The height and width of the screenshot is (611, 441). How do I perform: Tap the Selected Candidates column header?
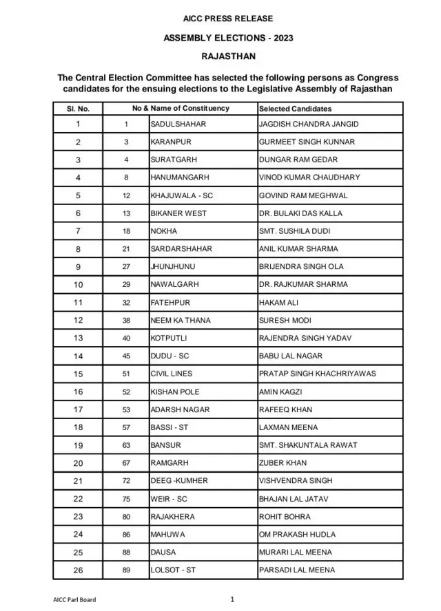(x=295, y=109)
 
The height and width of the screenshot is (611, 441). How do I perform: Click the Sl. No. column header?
(x=78, y=109)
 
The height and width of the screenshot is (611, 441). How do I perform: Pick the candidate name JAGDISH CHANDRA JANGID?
(x=309, y=124)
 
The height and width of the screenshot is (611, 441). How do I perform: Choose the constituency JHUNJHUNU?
(x=172, y=267)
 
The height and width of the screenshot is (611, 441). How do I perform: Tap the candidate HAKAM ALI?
(x=278, y=303)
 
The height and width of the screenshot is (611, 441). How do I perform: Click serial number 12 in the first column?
(x=78, y=321)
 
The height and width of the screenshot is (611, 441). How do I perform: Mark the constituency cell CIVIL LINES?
(x=171, y=374)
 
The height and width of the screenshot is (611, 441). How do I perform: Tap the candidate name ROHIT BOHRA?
(x=285, y=517)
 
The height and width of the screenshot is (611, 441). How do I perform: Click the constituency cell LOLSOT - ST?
(x=173, y=570)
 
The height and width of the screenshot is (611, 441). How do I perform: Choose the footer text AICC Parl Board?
(x=74, y=600)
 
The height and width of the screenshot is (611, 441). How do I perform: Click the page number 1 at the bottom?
(x=232, y=599)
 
